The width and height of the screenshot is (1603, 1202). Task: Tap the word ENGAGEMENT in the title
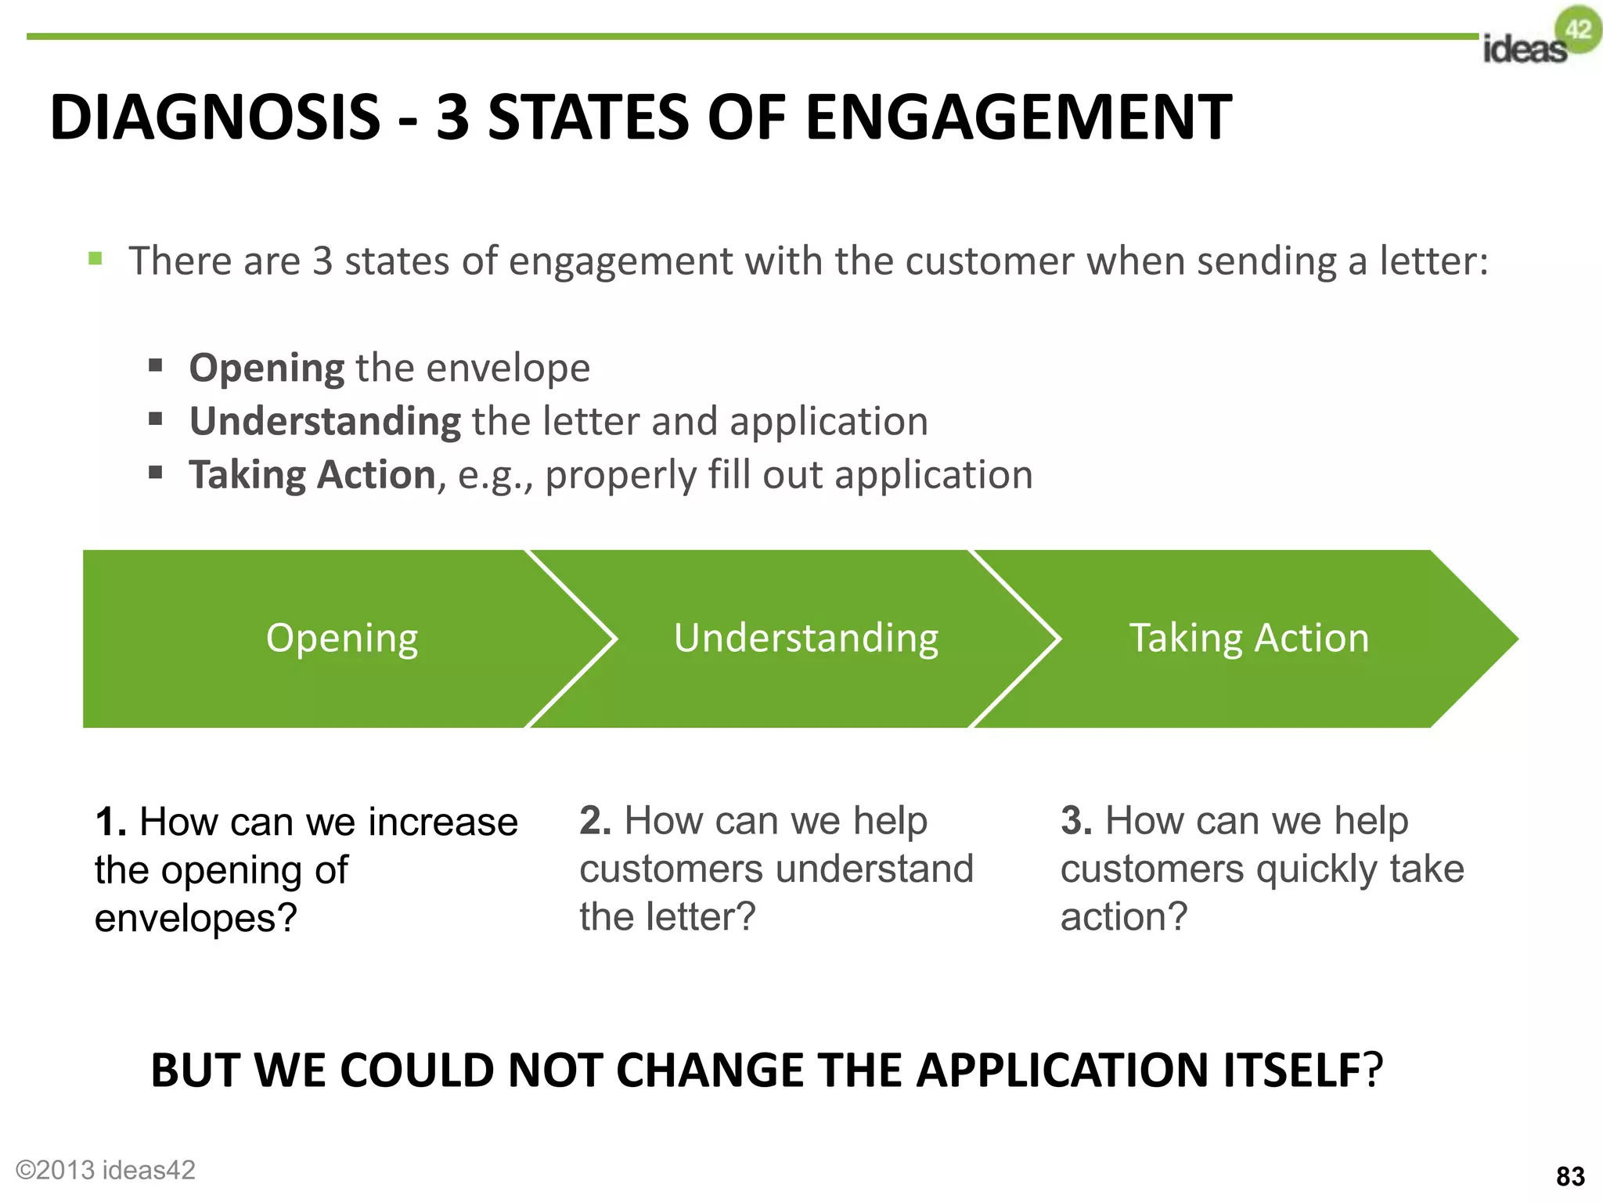coord(1018,117)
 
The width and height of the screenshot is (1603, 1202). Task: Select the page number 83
coord(1570,1176)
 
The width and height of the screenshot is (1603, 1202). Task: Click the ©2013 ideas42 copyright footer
coord(106,1169)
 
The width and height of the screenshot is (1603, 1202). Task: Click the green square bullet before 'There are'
coord(95,259)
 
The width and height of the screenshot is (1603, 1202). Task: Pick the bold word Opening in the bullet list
coord(266,369)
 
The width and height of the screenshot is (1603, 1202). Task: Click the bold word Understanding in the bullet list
coord(325,422)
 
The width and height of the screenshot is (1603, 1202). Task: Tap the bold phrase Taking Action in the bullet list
coord(312,475)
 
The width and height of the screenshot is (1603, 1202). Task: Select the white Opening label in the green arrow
coord(342,639)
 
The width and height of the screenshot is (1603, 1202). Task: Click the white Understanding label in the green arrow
coord(806,639)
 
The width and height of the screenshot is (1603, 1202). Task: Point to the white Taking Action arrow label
coord(1248,639)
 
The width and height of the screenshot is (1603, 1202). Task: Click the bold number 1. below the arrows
coord(110,822)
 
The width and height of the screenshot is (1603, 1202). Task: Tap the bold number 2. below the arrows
coord(595,821)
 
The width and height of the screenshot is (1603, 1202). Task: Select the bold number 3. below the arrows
coord(1076,821)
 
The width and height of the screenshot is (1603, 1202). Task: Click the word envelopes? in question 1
coord(196,919)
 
